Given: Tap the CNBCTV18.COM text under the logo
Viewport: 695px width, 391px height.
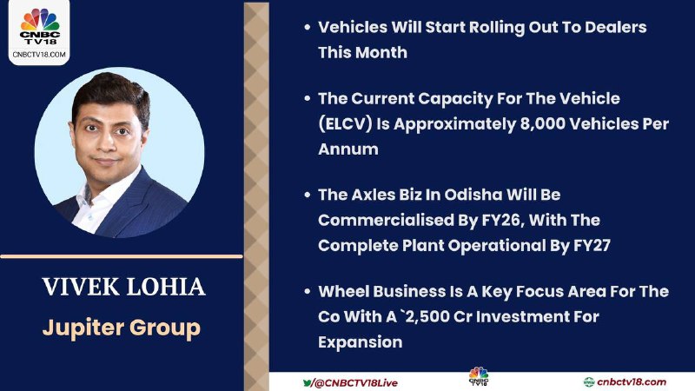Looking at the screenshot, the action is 39,55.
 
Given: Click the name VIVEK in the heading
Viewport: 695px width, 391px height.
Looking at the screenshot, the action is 81,287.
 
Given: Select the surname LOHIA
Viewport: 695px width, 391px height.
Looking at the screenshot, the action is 166,287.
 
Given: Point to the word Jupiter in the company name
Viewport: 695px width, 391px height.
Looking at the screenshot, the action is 83,328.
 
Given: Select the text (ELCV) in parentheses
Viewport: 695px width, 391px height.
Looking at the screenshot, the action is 345,124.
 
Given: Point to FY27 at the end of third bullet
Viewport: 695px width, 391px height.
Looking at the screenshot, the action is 592,246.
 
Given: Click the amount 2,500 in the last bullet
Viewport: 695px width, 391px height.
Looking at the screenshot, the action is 425,317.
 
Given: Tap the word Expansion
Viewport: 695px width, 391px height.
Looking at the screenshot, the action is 360,342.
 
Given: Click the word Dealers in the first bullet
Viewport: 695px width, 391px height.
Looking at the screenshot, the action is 616,27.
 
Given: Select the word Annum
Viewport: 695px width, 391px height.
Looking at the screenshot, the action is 348,149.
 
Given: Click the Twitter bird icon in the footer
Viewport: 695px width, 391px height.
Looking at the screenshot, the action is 307,382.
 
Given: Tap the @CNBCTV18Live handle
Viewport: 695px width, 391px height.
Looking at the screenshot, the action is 355,383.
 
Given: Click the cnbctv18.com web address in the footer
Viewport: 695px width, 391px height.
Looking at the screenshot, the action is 632,382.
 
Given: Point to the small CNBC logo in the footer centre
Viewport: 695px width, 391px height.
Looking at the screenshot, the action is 479,376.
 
